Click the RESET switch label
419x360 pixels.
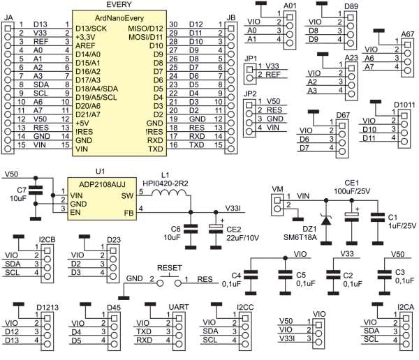click(170, 267)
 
